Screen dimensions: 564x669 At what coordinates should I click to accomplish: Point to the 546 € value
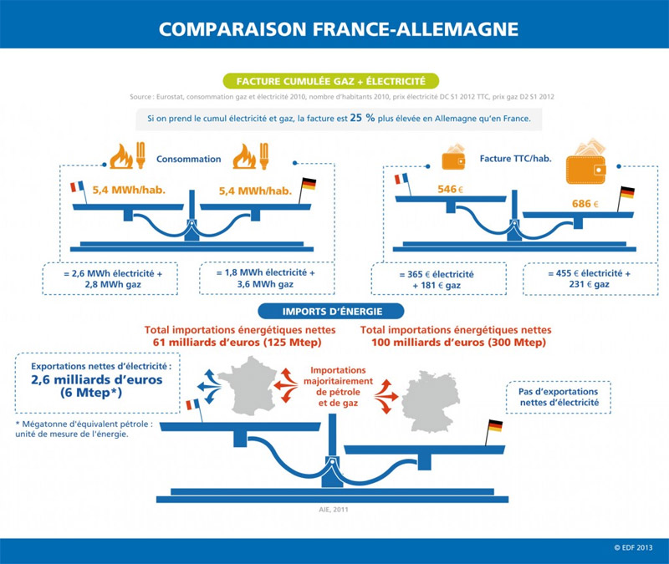tap(448, 190)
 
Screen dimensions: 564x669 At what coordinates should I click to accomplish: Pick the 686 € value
tap(585, 204)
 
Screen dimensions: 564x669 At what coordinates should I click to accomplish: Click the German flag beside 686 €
tap(626, 194)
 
